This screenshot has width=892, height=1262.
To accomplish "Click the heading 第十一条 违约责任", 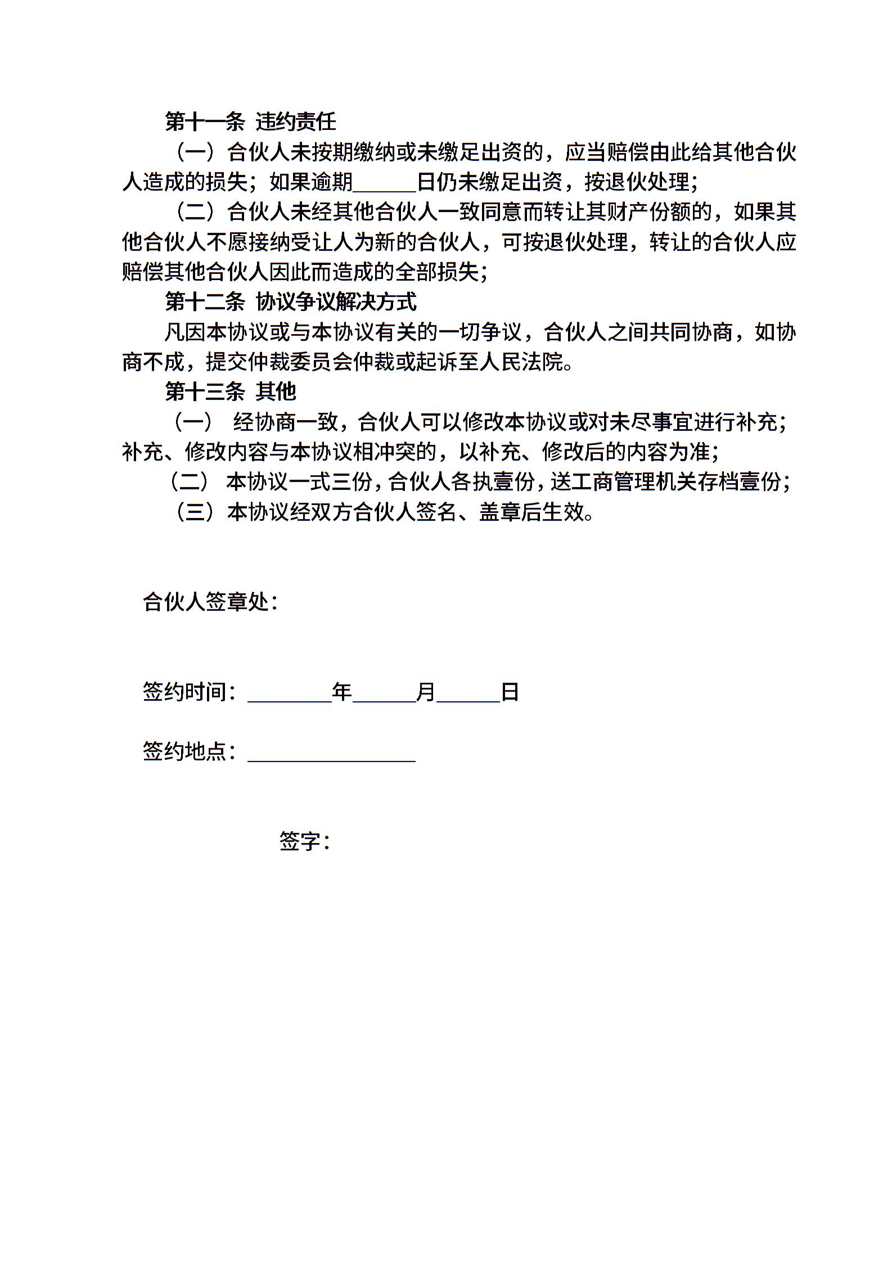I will point(250,121).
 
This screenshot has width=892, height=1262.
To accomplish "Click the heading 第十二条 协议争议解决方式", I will point(291,303).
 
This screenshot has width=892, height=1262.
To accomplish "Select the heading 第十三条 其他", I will point(230,392).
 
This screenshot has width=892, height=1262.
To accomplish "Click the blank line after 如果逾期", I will point(385,183).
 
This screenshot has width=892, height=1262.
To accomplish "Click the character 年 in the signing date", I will point(342,692).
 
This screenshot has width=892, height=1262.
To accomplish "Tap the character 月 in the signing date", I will point(426,692).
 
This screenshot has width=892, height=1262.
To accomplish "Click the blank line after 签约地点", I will point(331,753).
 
